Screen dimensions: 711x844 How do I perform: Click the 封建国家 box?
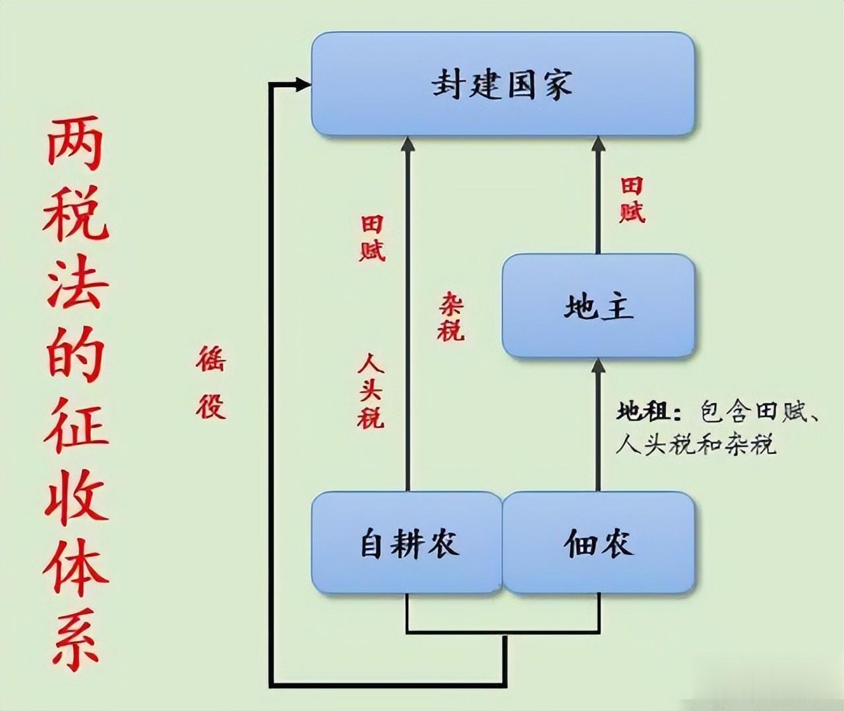point(502,84)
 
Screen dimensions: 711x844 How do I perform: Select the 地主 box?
point(598,307)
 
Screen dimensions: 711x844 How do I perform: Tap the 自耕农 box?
point(407,543)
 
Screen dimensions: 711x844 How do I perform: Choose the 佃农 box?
point(599,543)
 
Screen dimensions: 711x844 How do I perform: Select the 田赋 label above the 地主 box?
point(632,200)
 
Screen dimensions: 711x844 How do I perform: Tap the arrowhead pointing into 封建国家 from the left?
point(303,84)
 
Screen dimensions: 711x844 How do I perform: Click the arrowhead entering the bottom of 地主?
point(598,365)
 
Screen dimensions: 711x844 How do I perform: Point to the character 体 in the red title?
point(75,567)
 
